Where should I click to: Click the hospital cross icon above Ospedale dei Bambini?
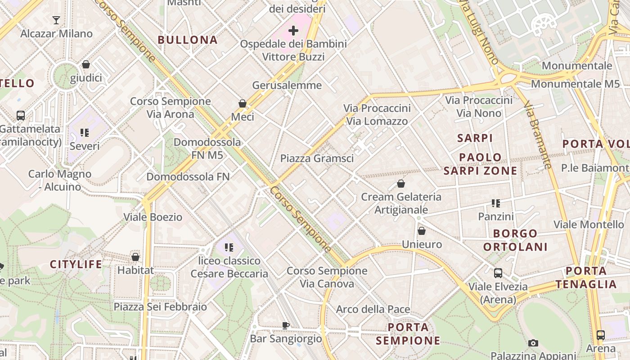pyautogui.click(x=293, y=31)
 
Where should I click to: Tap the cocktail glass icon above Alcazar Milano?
pyautogui.click(x=56, y=20)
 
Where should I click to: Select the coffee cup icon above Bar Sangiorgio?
pyautogui.click(x=285, y=325)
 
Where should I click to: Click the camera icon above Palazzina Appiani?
pyautogui.click(x=533, y=343)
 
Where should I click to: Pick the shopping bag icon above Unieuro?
pyautogui.click(x=422, y=231)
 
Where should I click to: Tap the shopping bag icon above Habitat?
pyautogui.click(x=135, y=257)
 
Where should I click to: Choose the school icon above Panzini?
pyautogui.click(x=496, y=203)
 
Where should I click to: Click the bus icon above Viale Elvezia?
pyautogui.click(x=498, y=273)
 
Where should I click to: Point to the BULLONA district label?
pyautogui.click(x=188, y=40)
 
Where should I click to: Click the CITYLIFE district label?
pyautogui.click(x=76, y=264)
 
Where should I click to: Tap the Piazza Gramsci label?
pyautogui.click(x=317, y=158)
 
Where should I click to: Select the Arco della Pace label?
pyautogui.click(x=373, y=309)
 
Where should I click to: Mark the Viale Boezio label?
pyautogui.click(x=153, y=217)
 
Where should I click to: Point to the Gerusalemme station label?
pyautogui.click(x=287, y=85)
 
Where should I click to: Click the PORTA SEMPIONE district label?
pyautogui.click(x=408, y=333)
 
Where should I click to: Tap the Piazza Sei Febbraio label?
pyautogui.click(x=160, y=307)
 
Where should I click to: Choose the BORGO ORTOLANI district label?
pyautogui.click(x=515, y=240)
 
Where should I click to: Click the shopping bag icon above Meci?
pyautogui.click(x=243, y=104)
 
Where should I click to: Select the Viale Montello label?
pyautogui.click(x=589, y=224)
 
